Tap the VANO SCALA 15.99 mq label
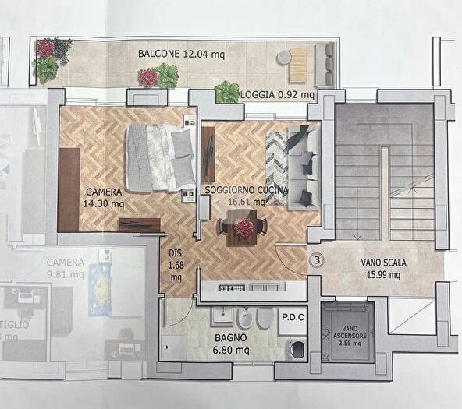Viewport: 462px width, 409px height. [381, 269]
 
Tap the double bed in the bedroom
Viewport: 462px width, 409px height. [162, 157]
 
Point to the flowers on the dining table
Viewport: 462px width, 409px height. [245, 227]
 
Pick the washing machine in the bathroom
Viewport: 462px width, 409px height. [297, 350]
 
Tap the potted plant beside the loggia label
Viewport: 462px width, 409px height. [227, 93]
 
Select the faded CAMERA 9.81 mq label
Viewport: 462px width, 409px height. [65, 268]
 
